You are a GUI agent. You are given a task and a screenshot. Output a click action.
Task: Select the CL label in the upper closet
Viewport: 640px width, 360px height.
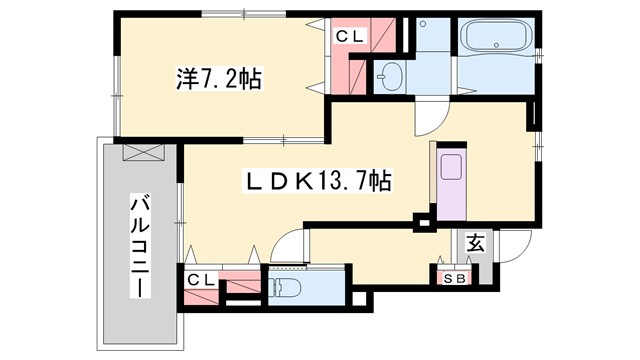[x=349, y=37]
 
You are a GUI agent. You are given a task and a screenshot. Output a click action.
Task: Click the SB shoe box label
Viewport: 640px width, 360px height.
[x=454, y=279]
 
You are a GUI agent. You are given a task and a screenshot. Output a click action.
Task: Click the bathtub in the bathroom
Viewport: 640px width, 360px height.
[x=497, y=40]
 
